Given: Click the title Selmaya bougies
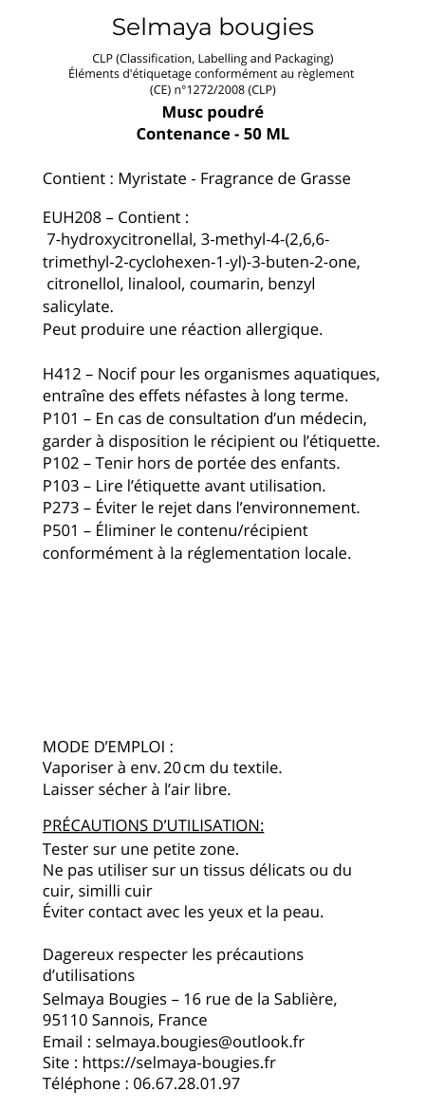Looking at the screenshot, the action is coord(213,27).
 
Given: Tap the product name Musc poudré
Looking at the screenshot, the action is coord(213,113).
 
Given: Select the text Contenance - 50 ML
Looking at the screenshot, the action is coord(213,134).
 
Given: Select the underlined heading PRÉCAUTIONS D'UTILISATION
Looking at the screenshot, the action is coord(153,825).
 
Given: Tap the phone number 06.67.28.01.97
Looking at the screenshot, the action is coord(186,1083).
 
